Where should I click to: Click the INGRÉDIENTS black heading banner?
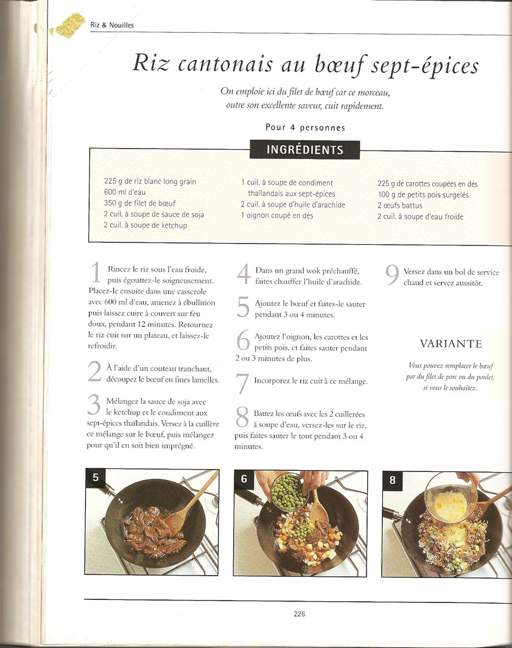tap(304, 150)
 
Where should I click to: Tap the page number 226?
tap(299, 614)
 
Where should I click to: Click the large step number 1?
tap(96, 273)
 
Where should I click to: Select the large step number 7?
tap(242, 384)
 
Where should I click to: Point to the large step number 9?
tap(392, 275)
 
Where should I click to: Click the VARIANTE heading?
tap(451, 344)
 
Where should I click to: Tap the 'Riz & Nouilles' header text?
tap(112, 25)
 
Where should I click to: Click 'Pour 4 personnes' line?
tap(305, 127)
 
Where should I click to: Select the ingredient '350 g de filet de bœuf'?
tap(139, 203)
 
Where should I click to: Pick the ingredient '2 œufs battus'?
tap(399, 205)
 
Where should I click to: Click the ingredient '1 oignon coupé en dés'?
tap(277, 216)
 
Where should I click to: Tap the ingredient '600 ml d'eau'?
tap(125, 192)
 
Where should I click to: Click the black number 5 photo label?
tap(96, 477)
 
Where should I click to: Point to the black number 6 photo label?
tap(244, 479)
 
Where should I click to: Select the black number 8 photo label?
tap(392, 480)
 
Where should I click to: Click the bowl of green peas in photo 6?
tap(288, 492)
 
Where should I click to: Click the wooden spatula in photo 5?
tap(191, 505)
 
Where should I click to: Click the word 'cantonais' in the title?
tap(226, 65)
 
